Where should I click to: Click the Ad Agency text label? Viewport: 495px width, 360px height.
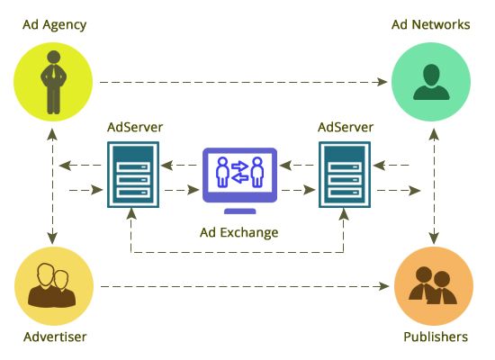(x=55, y=25)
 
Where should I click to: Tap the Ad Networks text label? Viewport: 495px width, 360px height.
(x=430, y=24)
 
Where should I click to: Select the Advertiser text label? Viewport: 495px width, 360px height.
(x=55, y=337)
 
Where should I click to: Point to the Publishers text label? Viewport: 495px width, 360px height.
(x=436, y=337)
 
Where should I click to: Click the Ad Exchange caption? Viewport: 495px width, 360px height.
(x=239, y=232)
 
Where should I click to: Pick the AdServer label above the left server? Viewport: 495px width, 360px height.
(x=135, y=127)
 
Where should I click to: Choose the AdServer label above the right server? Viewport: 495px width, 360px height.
(x=346, y=127)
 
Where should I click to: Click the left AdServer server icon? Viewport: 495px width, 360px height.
(x=133, y=175)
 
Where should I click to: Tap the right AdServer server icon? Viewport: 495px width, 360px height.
(x=345, y=175)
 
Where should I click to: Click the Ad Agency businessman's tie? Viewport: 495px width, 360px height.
(x=54, y=71)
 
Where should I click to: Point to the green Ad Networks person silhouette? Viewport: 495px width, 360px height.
(x=431, y=82)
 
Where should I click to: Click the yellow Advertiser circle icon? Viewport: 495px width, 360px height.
(x=54, y=286)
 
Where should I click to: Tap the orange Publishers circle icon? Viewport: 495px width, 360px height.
(x=434, y=286)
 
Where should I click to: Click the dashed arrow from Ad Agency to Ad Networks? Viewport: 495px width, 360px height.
(x=243, y=82)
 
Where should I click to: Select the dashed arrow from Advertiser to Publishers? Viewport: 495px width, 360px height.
(x=245, y=286)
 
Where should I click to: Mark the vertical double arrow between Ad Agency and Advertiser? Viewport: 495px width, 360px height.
(x=52, y=186)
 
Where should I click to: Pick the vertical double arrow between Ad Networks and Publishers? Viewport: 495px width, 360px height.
(x=435, y=186)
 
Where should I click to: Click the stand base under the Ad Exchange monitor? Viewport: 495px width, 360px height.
(x=240, y=211)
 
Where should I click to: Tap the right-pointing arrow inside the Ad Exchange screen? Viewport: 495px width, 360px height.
(x=239, y=166)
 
